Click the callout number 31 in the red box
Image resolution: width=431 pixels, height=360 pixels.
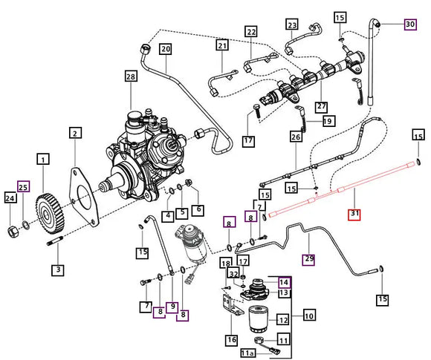(354, 215)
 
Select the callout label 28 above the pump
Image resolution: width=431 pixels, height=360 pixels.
(131, 78)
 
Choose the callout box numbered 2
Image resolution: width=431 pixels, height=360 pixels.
(75, 134)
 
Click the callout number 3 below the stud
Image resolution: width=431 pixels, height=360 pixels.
(56, 269)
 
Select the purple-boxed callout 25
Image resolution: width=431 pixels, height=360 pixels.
(24, 186)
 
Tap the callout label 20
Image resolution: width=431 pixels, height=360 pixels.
(165, 49)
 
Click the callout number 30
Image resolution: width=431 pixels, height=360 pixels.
(410, 24)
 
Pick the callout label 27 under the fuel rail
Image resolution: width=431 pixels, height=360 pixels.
(322, 106)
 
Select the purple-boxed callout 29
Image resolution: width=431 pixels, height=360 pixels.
(309, 258)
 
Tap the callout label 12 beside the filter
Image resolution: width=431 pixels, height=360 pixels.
(282, 320)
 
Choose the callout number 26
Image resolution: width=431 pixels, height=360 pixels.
(296, 137)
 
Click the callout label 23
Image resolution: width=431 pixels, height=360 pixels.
(291, 25)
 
